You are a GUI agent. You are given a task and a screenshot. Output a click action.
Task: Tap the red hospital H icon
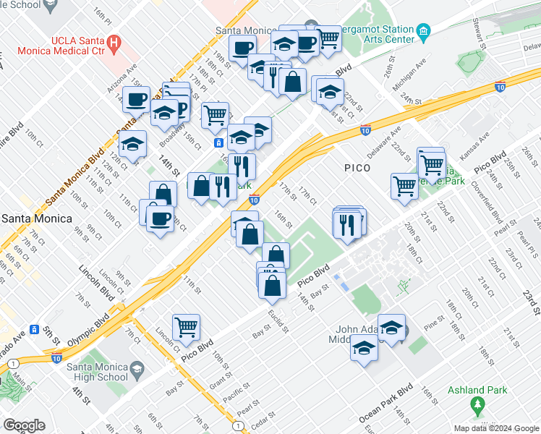114,43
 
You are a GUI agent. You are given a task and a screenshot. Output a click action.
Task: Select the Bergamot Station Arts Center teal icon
424,31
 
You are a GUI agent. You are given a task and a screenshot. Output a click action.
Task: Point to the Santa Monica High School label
97,372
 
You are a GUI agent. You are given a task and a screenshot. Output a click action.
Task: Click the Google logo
24,425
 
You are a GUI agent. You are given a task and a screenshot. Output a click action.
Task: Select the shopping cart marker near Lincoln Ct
186,327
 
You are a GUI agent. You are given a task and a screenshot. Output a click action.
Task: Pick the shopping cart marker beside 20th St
404,185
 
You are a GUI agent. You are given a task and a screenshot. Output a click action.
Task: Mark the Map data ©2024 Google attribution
496,428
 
